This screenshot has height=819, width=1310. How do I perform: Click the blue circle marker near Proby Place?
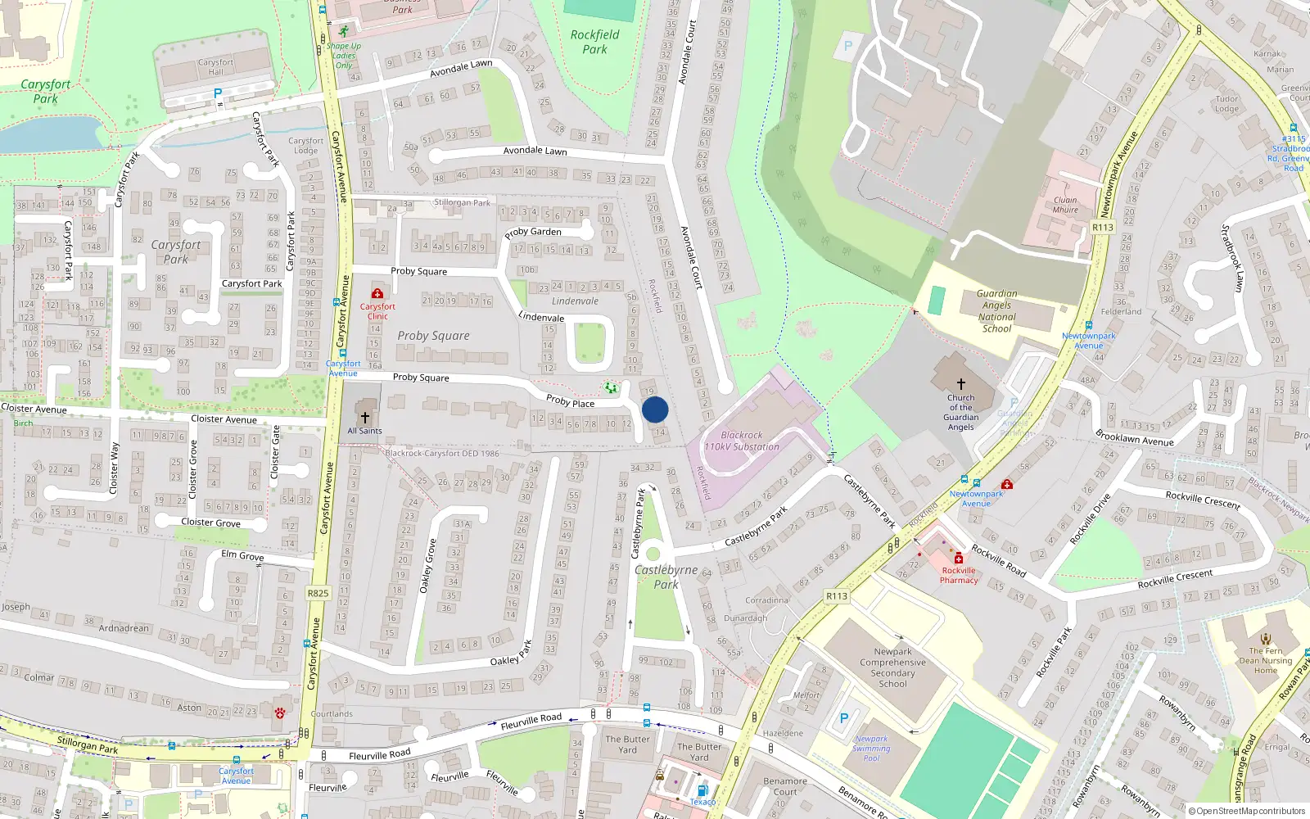point(655,409)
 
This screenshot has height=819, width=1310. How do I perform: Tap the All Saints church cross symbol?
point(365,418)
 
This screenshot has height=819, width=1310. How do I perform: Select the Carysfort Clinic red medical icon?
point(377,293)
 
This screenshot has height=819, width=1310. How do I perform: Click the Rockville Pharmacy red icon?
point(959,558)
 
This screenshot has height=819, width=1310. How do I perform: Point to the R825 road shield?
point(318,593)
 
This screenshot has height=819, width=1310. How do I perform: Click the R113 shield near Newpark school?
point(837,596)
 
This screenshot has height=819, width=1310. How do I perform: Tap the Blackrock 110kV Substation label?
point(742,441)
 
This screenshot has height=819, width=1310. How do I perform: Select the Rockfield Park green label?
point(595,42)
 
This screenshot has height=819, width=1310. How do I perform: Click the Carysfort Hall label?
point(215,67)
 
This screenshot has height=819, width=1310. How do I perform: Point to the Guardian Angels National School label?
point(996,311)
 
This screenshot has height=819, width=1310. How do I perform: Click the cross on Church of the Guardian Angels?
point(961,383)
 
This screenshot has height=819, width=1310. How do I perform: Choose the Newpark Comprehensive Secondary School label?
point(892,667)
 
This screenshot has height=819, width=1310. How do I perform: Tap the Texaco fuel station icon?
point(702,790)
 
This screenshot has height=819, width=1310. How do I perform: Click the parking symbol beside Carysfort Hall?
point(218,93)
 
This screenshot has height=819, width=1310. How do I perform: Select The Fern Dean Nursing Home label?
point(1266,660)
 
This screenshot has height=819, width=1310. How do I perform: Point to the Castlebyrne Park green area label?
point(666,577)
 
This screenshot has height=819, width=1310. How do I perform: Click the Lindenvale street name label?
point(541,317)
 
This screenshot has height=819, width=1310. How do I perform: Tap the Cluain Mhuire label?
point(1065,205)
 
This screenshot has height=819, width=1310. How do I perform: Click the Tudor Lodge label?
point(1226,104)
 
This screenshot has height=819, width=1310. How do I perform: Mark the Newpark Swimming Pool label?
point(871,748)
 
